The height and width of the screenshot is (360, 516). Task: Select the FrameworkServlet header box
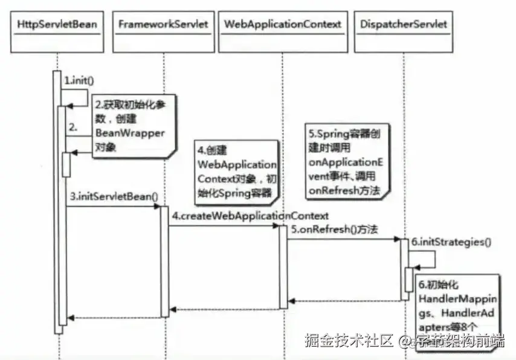pyautogui.click(x=163, y=25)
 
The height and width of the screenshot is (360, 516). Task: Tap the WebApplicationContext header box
pyautogui.click(x=282, y=25)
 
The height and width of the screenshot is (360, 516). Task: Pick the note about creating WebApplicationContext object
pyautogui.click(x=236, y=170)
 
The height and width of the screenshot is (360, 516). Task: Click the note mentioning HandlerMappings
pyautogui.click(x=457, y=302)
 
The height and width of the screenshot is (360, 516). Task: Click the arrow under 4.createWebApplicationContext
pyautogui.click(x=223, y=226)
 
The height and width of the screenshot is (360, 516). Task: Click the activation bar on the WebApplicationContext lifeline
pyautogui.click(x=283, y=266)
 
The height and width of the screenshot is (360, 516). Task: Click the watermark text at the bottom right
pyautogui.click(x=404, y=340)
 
